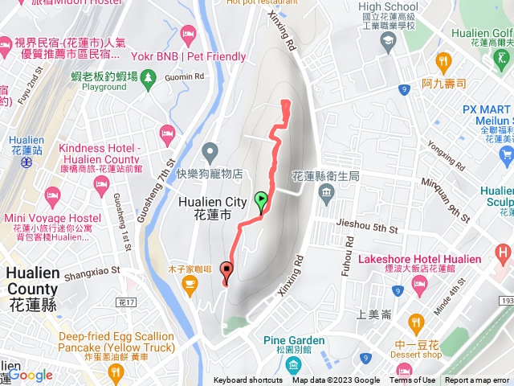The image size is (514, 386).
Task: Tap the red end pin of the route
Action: tap(226, 272)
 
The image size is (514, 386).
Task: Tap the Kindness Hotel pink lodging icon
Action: tap(167, 133)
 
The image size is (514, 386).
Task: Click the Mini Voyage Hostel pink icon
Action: tap(52, 195)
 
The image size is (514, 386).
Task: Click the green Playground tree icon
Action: tap(149, 76)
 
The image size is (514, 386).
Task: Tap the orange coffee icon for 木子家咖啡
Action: tap(190, 288)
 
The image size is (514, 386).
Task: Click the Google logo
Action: tap(30, 375)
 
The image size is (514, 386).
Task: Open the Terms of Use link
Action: tap(412, 380)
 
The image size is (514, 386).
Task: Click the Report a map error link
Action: tap(479, 380)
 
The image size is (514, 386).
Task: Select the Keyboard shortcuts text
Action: tap(248, 380)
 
